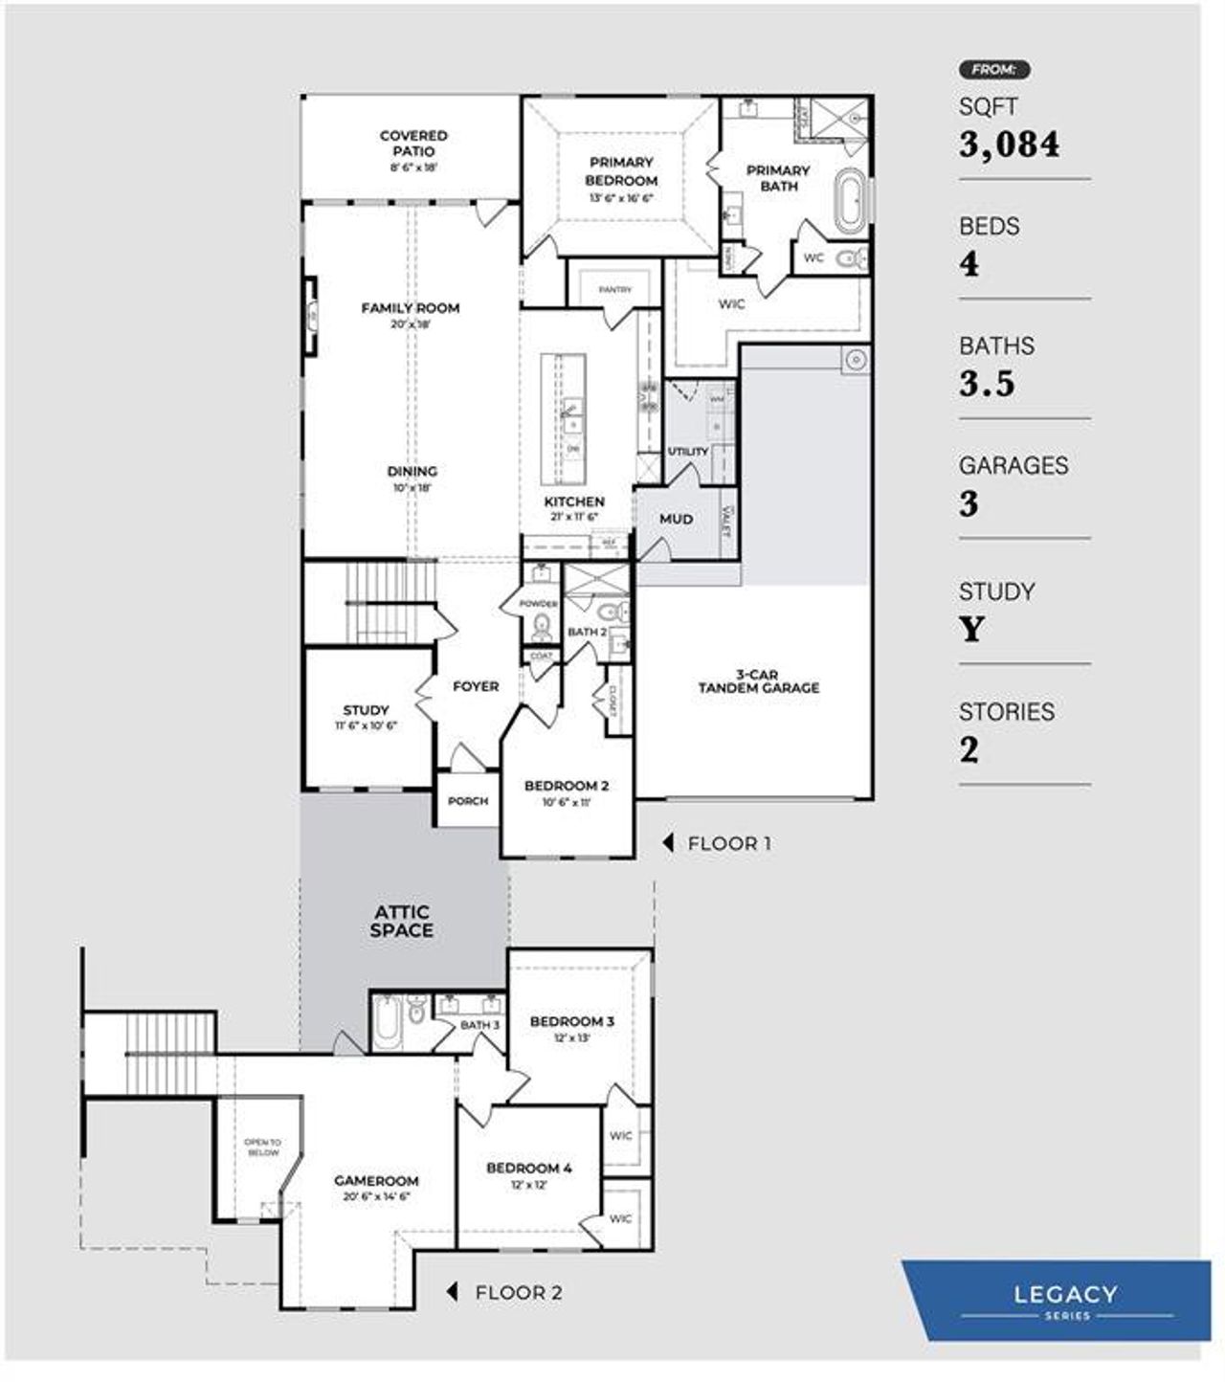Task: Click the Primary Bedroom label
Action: coord(621,171)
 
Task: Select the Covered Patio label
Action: coord(413,144)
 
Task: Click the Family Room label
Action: coord(410,308)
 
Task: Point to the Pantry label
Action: coord(615,290)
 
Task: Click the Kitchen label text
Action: coord(574,502)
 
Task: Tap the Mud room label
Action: coord(676,519)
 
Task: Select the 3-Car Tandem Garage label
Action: coord(758,680)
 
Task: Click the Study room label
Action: coord(366,710)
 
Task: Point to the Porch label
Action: coord(468,801)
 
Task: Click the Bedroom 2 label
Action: coord(567,786)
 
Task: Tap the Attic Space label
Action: coord(402,921)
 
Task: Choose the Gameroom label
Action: coord(376,1180)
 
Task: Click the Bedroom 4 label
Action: coord(528,1168)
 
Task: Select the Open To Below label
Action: coord(262,1147)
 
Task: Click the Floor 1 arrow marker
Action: coord(669,843)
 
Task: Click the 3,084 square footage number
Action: coord(1009,145)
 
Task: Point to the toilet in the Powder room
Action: coord(542,627)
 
